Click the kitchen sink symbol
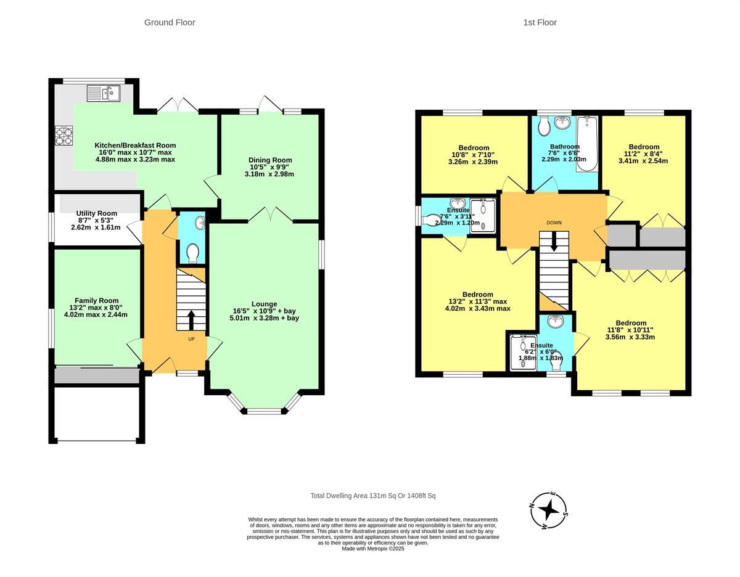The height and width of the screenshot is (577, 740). [104, 93]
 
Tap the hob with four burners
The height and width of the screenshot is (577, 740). [64, 136]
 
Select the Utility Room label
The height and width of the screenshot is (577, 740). [97, 219]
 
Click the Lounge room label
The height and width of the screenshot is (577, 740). [264, 311]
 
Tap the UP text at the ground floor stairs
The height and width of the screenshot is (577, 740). [191, 339]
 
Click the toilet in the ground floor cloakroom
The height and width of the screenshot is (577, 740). [192, 252]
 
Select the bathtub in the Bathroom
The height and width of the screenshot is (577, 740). [586, 144]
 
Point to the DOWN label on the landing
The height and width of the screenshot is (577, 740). [554, 223]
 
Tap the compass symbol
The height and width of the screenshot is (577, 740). [548, 510]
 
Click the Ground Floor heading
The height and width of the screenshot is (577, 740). [170, 22]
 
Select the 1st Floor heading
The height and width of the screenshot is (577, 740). [540, 22]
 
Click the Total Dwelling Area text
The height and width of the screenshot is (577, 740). [373, 496]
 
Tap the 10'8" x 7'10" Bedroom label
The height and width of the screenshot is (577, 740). [474, 155]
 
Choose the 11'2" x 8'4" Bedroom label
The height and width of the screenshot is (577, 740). [643, 154]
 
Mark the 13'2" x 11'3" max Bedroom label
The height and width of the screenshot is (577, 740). [478, 301]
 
